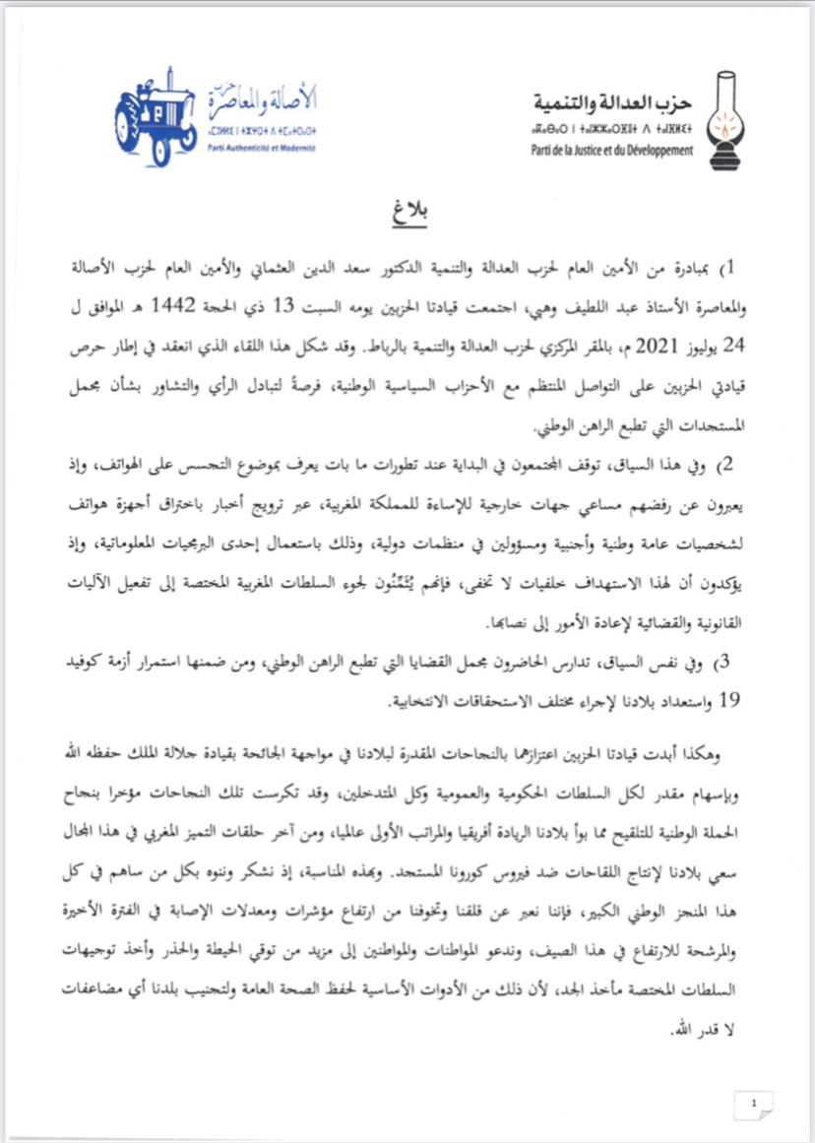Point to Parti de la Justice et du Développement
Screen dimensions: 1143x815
(x=611, y=149)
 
